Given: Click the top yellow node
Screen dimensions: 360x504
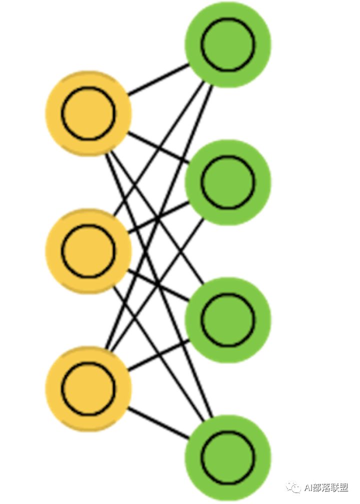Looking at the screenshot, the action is coord(88,113).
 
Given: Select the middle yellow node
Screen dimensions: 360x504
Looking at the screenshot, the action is coord(88,251).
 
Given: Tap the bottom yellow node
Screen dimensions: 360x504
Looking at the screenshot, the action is coord(88,388).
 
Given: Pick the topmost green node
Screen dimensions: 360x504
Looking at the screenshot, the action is coord(228,44).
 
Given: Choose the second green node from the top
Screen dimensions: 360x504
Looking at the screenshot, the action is coord(228,182).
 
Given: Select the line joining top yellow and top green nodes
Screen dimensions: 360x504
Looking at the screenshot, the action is coord(158,79).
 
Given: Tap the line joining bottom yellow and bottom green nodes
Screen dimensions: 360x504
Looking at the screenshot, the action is coord(158,423).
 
